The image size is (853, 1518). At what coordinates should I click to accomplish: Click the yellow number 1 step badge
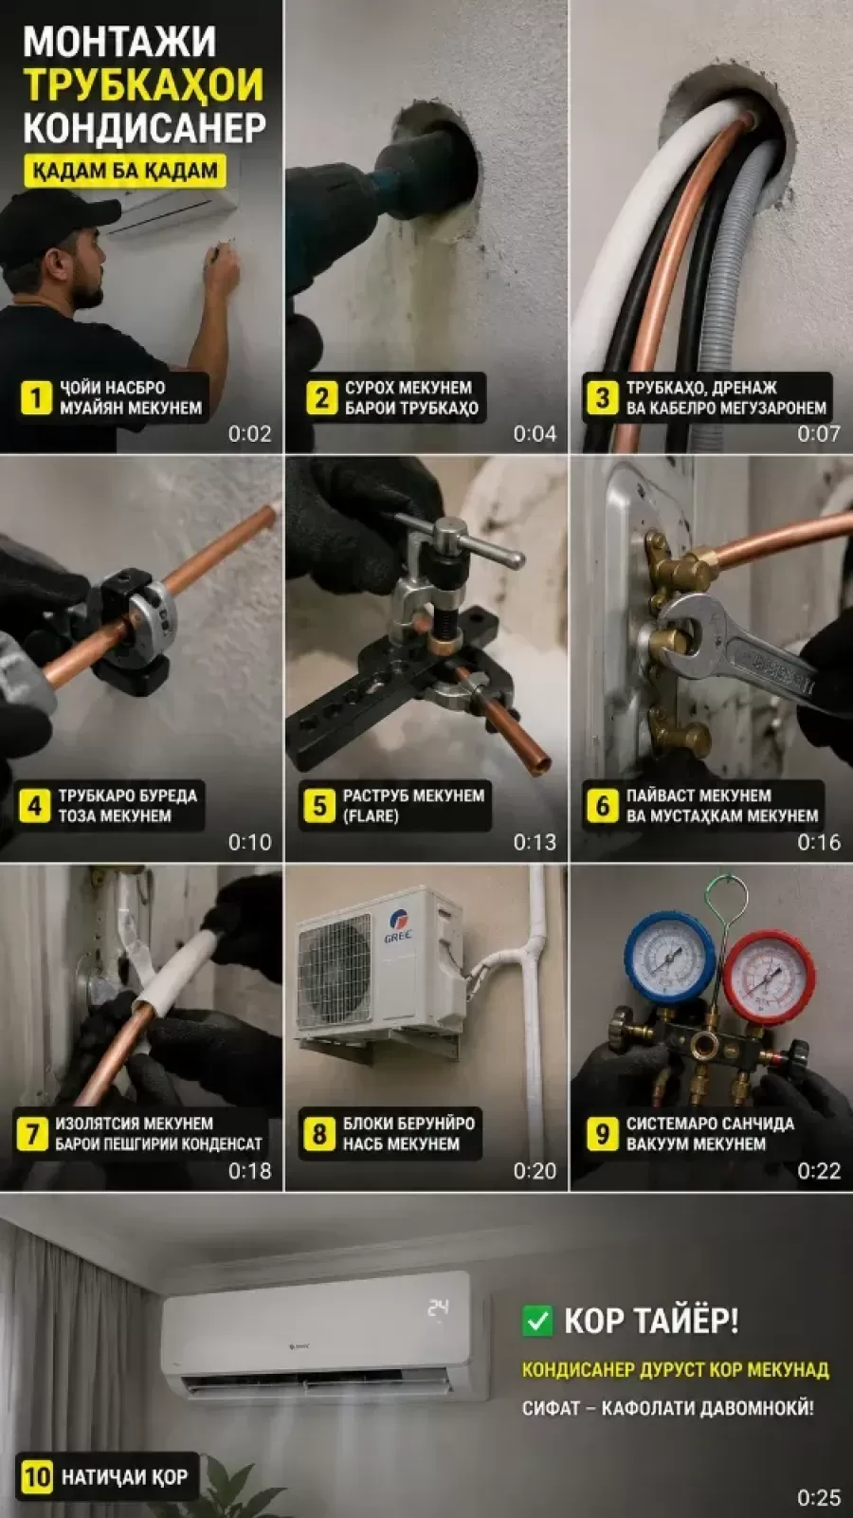36,397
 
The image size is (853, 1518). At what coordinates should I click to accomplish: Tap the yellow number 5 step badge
319,806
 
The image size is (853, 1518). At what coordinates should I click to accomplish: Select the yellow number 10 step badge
37,1476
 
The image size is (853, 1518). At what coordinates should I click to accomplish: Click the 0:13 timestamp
535,842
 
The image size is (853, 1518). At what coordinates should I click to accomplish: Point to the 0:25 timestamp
819,1497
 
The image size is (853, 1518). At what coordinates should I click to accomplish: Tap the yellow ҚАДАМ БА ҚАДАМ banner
125,171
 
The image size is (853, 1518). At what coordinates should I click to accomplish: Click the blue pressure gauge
669,956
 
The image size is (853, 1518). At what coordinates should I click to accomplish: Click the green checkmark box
537,1321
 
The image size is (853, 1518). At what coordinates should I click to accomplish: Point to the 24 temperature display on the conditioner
438,1308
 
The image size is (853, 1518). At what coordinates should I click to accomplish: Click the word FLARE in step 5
372,816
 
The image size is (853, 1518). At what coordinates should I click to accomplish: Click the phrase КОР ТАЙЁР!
651,1320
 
